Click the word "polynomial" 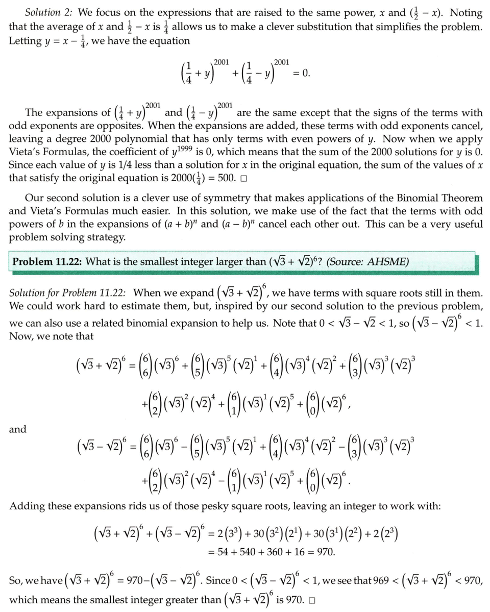tap(176, 139)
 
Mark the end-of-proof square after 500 tap(243, 179)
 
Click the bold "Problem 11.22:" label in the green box tap(47, 262)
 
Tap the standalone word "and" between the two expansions tap(17, 429)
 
